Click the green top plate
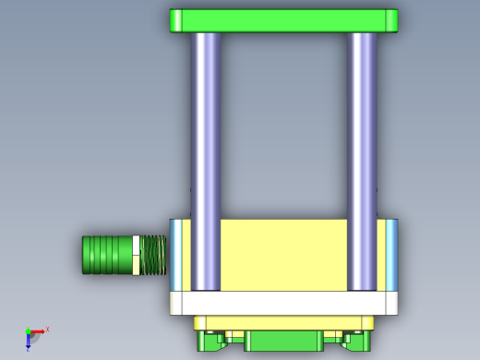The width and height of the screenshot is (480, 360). [283, 20]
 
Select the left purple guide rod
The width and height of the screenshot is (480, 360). [206, 157]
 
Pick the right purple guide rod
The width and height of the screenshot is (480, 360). [362, 157]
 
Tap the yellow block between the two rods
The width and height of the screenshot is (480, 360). [283, 254]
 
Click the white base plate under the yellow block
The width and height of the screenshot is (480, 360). [283, 303]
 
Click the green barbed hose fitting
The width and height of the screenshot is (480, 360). [107, 255]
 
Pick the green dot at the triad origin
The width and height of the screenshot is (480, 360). [28, 331]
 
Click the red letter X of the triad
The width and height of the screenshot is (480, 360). [47, 329]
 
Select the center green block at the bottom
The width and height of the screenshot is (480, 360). [283, 341]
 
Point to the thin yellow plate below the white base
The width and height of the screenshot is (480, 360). [283, 321]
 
